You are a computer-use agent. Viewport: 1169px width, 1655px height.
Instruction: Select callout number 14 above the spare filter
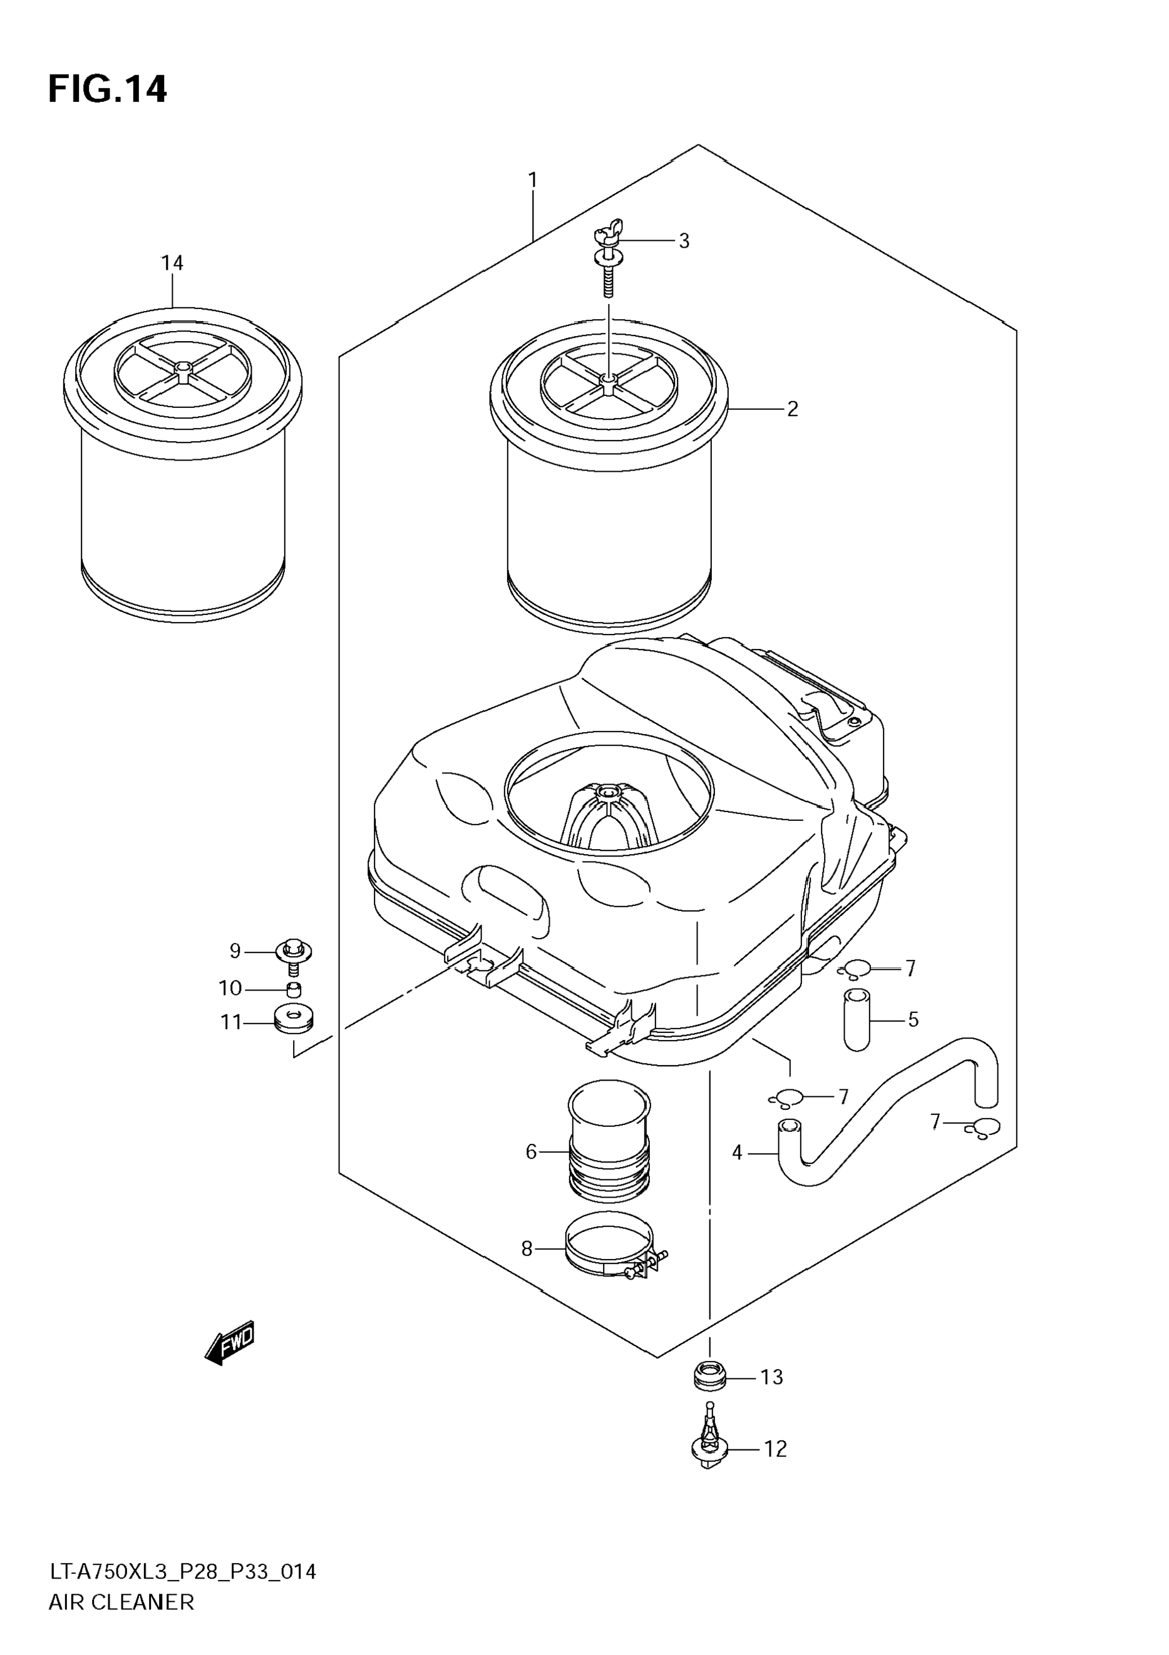172,263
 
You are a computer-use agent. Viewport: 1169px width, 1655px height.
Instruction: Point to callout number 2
793,409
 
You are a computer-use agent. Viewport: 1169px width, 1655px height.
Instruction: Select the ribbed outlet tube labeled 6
609,1149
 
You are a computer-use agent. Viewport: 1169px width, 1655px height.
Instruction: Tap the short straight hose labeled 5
857,1019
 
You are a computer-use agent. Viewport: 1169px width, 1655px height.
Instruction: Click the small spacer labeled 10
293,988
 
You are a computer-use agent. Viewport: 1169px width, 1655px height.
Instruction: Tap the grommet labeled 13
709,1376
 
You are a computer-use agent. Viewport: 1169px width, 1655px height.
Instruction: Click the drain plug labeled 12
709,1447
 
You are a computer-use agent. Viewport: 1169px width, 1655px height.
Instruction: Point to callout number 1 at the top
532,180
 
